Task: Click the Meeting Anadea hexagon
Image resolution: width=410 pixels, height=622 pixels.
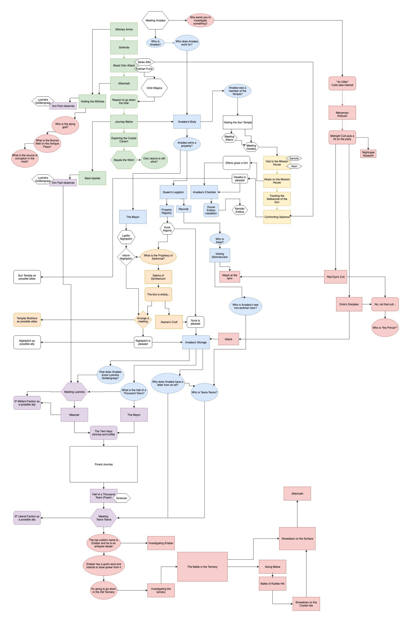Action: click(x=155, y=20)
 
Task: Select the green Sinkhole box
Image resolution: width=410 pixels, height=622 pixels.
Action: click(x=124, y=47)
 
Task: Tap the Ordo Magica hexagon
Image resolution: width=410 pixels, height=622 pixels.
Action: click(x=154, y=88)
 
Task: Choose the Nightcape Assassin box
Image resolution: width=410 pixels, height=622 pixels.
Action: click(x=368, y=154)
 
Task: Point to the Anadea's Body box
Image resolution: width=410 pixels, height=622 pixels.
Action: click(x=187, y=122)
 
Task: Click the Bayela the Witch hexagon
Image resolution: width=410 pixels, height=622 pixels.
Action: click(x=124, y=160)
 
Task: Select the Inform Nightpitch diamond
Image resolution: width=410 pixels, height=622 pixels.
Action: click(x=126, y=257)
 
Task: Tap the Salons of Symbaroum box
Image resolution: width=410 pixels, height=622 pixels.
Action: click(x=158, y=277)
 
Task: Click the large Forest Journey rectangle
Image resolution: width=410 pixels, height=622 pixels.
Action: click(x=104, y=464)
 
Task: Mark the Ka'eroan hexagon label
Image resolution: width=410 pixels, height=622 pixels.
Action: click(x=121, y=498)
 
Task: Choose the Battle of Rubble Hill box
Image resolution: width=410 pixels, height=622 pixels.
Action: click(x=272, y=584)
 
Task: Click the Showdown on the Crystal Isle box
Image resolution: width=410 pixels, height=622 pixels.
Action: click(x=306, y=604)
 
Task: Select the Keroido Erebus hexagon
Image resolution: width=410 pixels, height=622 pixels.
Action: click(x=240, y=210)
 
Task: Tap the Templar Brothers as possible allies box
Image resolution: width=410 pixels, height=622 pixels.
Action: click(x=27, y=320)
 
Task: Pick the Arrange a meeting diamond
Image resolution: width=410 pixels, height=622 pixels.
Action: click(x=143, y=320)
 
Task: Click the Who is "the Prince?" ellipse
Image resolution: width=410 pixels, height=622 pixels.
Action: click(x=385, y=328)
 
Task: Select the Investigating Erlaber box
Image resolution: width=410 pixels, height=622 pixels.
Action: click(x=161, y=543)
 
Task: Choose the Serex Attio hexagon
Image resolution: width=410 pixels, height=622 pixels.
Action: click(x=144, y=62)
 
